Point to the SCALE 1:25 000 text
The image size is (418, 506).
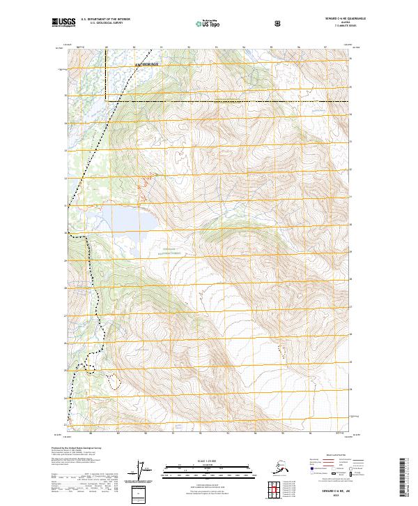click(x=208, y=461)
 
